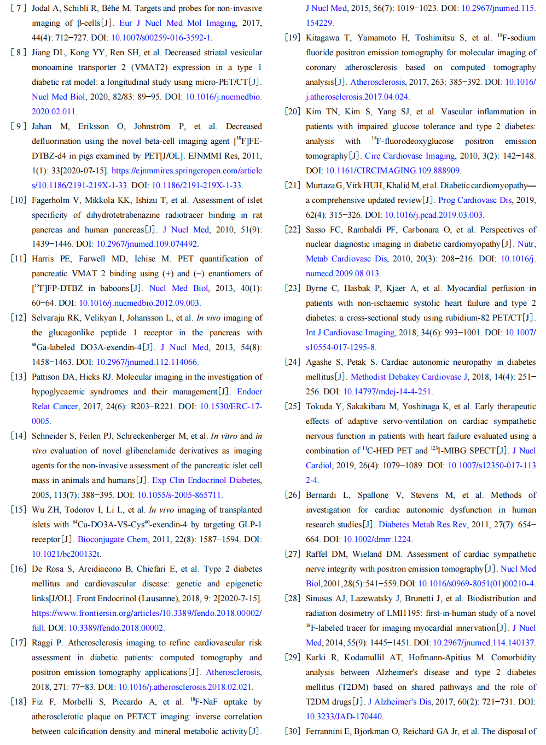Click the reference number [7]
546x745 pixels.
tap(18, 8)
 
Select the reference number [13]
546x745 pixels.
tap(18, 377)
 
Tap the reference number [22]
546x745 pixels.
tap(293, 230)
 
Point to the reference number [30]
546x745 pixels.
tap(293, 731)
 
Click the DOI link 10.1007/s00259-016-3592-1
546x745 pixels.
tap(161, 38)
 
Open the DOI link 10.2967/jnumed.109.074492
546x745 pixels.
tap(147, 244)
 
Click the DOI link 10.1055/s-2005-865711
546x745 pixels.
tap(179, 495)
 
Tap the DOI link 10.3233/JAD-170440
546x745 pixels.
tap(344, 717)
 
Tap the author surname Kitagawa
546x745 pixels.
tap(322, 38)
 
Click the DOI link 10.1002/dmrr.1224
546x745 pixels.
tap(377, 539)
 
